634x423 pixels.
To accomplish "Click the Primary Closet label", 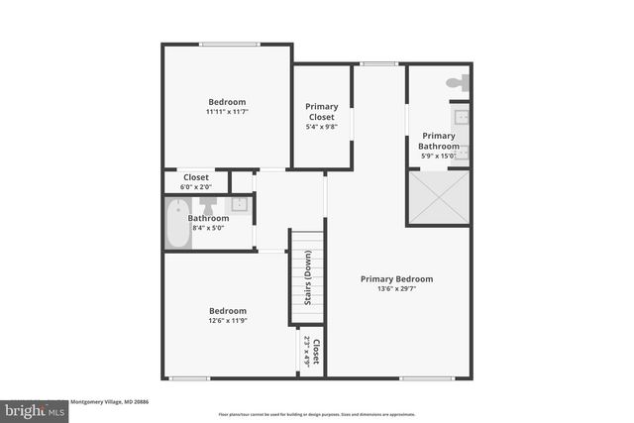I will coord(322,112).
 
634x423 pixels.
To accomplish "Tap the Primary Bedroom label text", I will coord(396,279).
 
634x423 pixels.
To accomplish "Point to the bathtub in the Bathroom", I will coord(177,223).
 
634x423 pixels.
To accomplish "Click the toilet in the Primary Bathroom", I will coord(457,84).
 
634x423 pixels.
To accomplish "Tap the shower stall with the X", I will coord(439,197).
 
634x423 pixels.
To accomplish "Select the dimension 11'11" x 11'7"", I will coord(227,113).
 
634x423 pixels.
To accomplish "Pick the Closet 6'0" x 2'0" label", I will coord(195,182).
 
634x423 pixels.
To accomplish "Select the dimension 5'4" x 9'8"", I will coord(322,127).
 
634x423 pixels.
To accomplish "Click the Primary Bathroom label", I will coord(439,141).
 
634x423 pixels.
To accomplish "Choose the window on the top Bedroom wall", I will coord(229,44).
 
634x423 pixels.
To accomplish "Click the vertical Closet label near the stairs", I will coord(316,352).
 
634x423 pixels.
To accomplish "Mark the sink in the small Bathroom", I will coord(238,205).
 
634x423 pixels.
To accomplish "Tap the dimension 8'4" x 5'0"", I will coord(209,229).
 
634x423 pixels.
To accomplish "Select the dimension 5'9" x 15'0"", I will coord(439,156).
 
